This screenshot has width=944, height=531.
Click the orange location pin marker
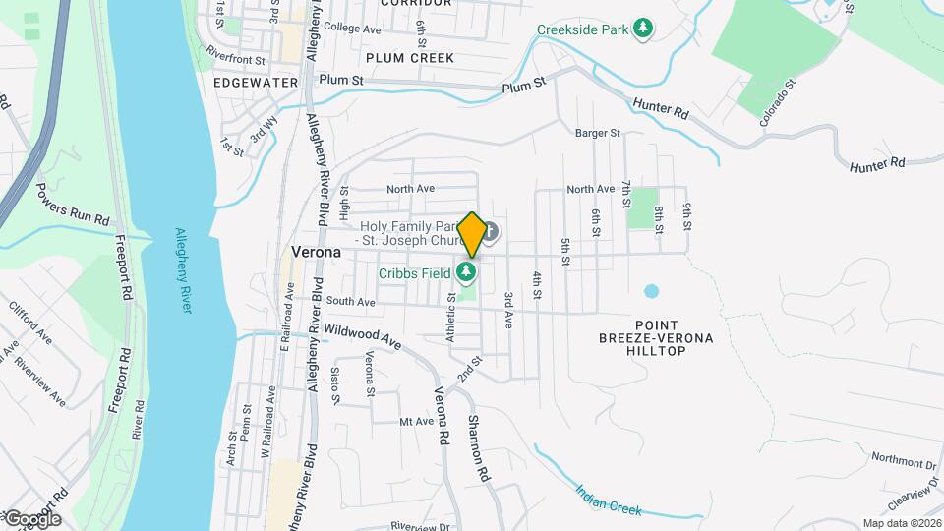(472, 235)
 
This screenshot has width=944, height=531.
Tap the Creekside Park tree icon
(643, 28)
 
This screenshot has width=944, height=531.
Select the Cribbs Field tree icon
(467, 271)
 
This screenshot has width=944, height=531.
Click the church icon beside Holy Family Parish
(490, 232)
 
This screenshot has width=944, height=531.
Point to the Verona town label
(317, 252)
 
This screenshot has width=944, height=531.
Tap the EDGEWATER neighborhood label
(255, 83)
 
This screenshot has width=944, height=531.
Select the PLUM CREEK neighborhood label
(410, 58)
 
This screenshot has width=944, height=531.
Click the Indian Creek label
(609, 499)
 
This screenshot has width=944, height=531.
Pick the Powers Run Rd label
(73, 204)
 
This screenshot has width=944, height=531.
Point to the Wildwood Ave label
(363, 338)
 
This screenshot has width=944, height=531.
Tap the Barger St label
(598, 133)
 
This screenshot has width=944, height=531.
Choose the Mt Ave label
(416, 422)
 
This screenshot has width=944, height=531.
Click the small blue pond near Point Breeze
(650, 292)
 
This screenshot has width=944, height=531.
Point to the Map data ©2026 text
(901, 523)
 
